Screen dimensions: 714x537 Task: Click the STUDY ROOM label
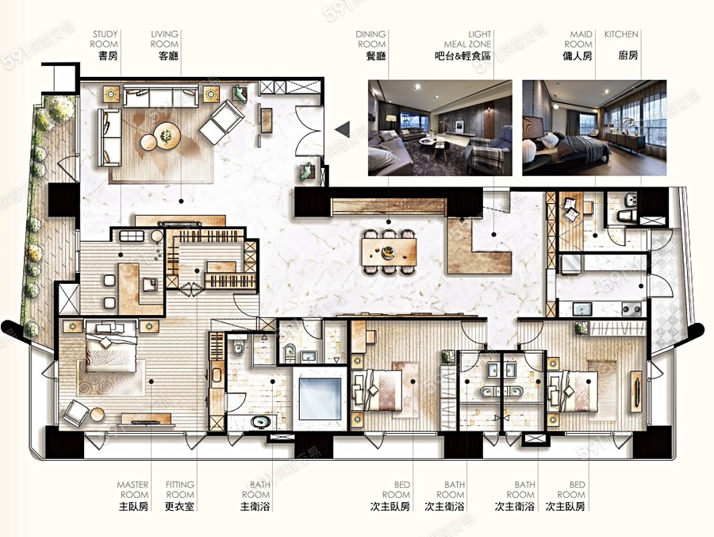[x=104, y=39]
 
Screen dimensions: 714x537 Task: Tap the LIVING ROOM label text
[x=164, y=39]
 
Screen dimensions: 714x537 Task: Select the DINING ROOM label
[x=370, y=39]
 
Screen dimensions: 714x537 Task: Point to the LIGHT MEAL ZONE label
[x=467, y=39]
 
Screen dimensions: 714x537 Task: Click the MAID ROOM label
[x=578, y=39]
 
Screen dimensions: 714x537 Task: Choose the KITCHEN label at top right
[x=621, y=34]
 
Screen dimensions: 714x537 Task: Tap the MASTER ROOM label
[x=132, y=489]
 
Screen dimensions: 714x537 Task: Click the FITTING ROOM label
[x=180, y=489]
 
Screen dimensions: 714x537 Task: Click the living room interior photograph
[x=440, y=128]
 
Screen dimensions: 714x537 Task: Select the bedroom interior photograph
[x=594, y=128]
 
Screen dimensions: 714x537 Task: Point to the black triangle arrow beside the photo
[x=343, y=129]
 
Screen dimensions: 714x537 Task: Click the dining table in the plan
[x=389, y=252]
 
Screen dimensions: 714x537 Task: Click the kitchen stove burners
[x=631, y=309]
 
